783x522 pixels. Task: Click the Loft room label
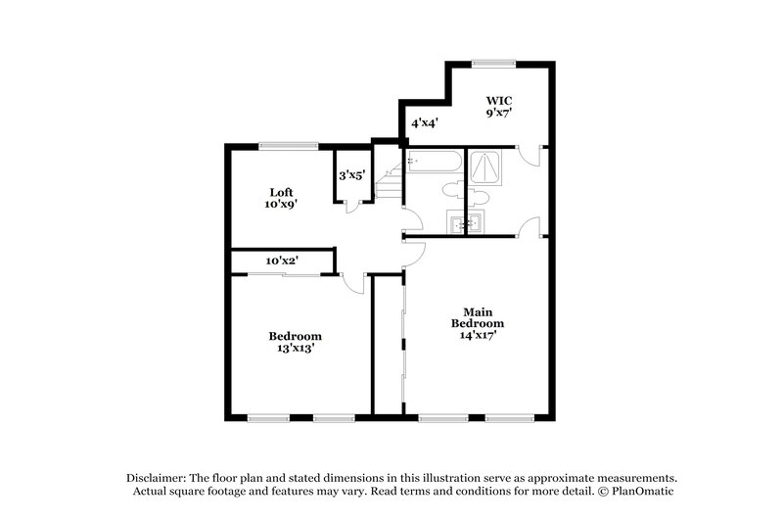point(282,192)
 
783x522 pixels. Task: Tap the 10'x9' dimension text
point(281,205)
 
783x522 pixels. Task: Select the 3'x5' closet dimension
point(352,176)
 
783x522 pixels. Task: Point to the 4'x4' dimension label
point(424,123)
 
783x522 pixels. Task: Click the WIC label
point(500,101)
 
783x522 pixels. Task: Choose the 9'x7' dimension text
point(500,114)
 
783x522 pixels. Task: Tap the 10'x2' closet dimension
point(282,261)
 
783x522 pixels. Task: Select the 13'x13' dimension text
point(295,347)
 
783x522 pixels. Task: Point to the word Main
point(478,311)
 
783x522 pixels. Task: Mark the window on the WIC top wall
point(493,64)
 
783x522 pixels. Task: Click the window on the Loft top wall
point(289,146)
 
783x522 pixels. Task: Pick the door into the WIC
point(529,155)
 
